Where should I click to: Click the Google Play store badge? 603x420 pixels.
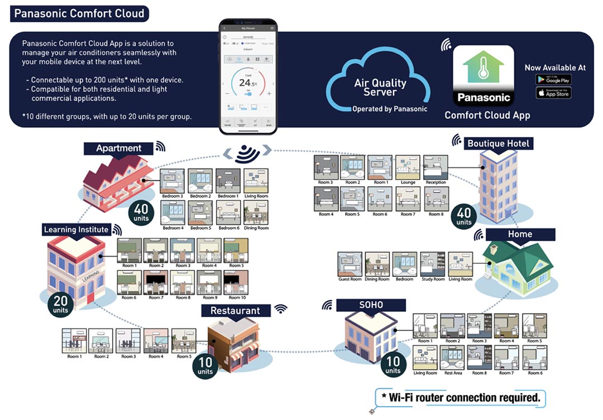[553, 79]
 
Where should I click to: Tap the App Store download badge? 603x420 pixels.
[553, 93]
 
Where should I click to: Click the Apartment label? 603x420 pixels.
[118, 148]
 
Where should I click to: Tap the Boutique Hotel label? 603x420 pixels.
[498, 143]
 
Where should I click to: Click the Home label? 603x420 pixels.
[520, 234]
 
